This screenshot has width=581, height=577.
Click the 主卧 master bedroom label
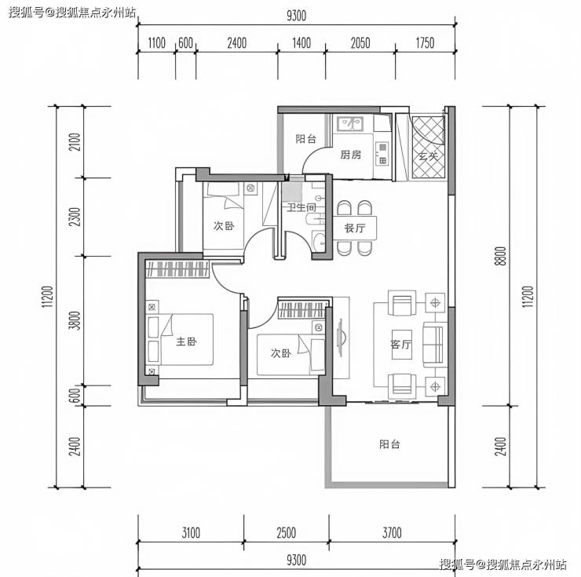(x=186, y=341)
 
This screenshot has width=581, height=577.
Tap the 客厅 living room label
(x=400, y=345)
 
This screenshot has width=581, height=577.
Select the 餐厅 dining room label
(x=355, y=228)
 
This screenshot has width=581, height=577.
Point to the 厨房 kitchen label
(x=350, y=154)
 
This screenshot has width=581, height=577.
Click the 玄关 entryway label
(x=429, y=156)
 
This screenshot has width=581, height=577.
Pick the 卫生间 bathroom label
(x=301, y=207)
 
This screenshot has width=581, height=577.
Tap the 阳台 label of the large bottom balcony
(x=389, y=444)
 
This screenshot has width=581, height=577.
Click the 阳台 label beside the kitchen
(x=305, y=139)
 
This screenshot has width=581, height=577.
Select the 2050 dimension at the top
(x=360, y=43)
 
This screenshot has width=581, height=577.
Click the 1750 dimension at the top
(x=425, y=43)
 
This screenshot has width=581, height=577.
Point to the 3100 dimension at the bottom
(x=191, y=533)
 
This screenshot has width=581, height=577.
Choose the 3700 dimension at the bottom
(x=392, y=533)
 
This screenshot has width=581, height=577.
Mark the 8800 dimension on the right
(x=500, y=256)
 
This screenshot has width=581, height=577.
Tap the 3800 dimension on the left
(x=75, y=320)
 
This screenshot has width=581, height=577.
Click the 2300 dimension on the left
(x=75, y=217)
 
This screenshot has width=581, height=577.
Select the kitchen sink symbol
(x=350, y=123)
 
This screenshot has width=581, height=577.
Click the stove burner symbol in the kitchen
(x=382, y=153)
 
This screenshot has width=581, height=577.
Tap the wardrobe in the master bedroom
(x=177, y=269)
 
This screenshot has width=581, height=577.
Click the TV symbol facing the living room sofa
(x=341, y=338)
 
